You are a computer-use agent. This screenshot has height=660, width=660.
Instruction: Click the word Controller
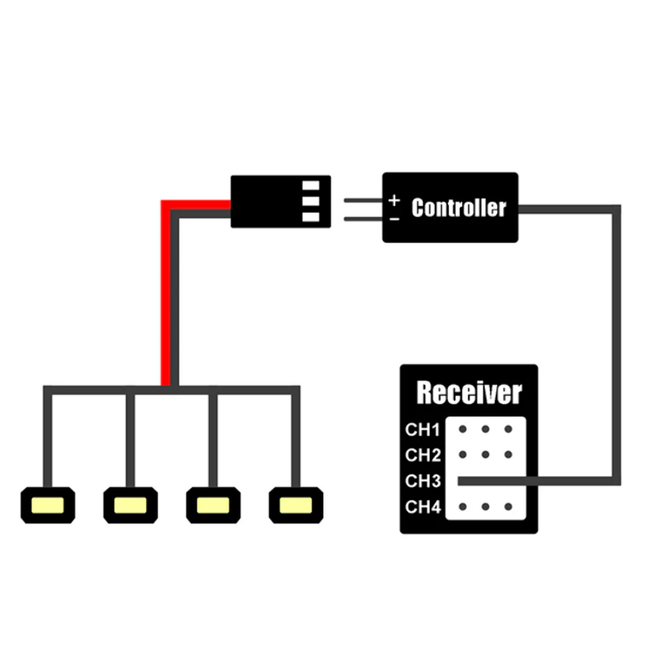458,208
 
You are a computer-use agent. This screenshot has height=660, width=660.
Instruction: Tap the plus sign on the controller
394,199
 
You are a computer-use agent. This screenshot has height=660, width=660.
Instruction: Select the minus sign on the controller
394,218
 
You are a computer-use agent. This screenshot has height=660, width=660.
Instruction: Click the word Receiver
469,393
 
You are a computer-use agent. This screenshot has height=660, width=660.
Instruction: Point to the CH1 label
422,430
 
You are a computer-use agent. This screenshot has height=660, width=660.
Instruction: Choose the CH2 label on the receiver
422,455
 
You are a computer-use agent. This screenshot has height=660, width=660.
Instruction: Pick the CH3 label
422,481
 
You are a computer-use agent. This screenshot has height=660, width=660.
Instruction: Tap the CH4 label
422,507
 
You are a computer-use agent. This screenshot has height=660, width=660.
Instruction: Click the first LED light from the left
48,506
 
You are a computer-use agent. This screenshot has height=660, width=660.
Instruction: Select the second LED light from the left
130,506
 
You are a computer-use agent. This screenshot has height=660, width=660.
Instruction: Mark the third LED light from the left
213,506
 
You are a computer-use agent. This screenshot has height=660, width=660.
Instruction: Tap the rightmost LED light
296,506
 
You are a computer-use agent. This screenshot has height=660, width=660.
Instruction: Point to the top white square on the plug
310,185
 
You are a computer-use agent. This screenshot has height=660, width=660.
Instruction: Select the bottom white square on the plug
310,217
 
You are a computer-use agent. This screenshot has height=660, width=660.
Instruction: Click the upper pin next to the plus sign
363,199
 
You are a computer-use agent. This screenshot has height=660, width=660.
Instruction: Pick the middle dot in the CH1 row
485,429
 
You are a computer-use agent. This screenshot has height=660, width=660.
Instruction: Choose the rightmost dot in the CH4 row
508,507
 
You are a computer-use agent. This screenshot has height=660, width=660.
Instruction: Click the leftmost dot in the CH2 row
463,454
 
